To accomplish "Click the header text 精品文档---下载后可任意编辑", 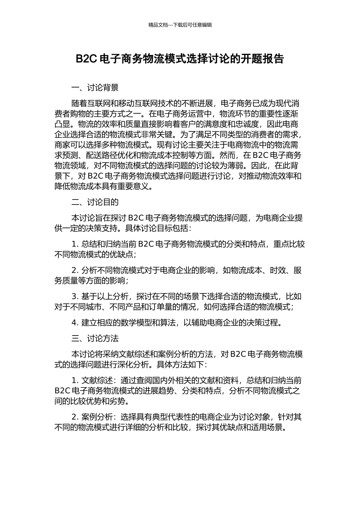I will [180, 25].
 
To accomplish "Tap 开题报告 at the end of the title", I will [268, 59].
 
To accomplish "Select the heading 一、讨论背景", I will [95, 88].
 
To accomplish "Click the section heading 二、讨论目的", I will [95, 202].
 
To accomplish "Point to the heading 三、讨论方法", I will [95, 338].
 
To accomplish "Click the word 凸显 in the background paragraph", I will [62, 124].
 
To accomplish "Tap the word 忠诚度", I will [247, 124].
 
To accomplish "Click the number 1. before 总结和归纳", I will [75, 244].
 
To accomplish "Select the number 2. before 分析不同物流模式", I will [75, 270].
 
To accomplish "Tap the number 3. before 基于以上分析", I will [75, 297].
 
